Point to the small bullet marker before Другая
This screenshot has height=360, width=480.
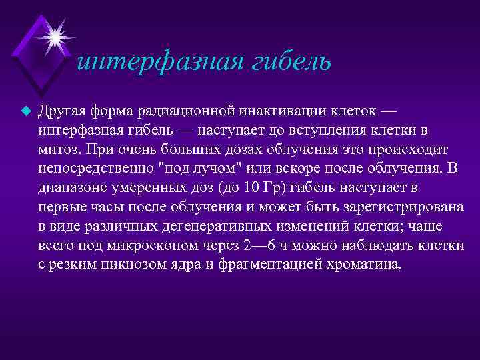tap(27, 111)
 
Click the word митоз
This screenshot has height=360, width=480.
tap(58, 149)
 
